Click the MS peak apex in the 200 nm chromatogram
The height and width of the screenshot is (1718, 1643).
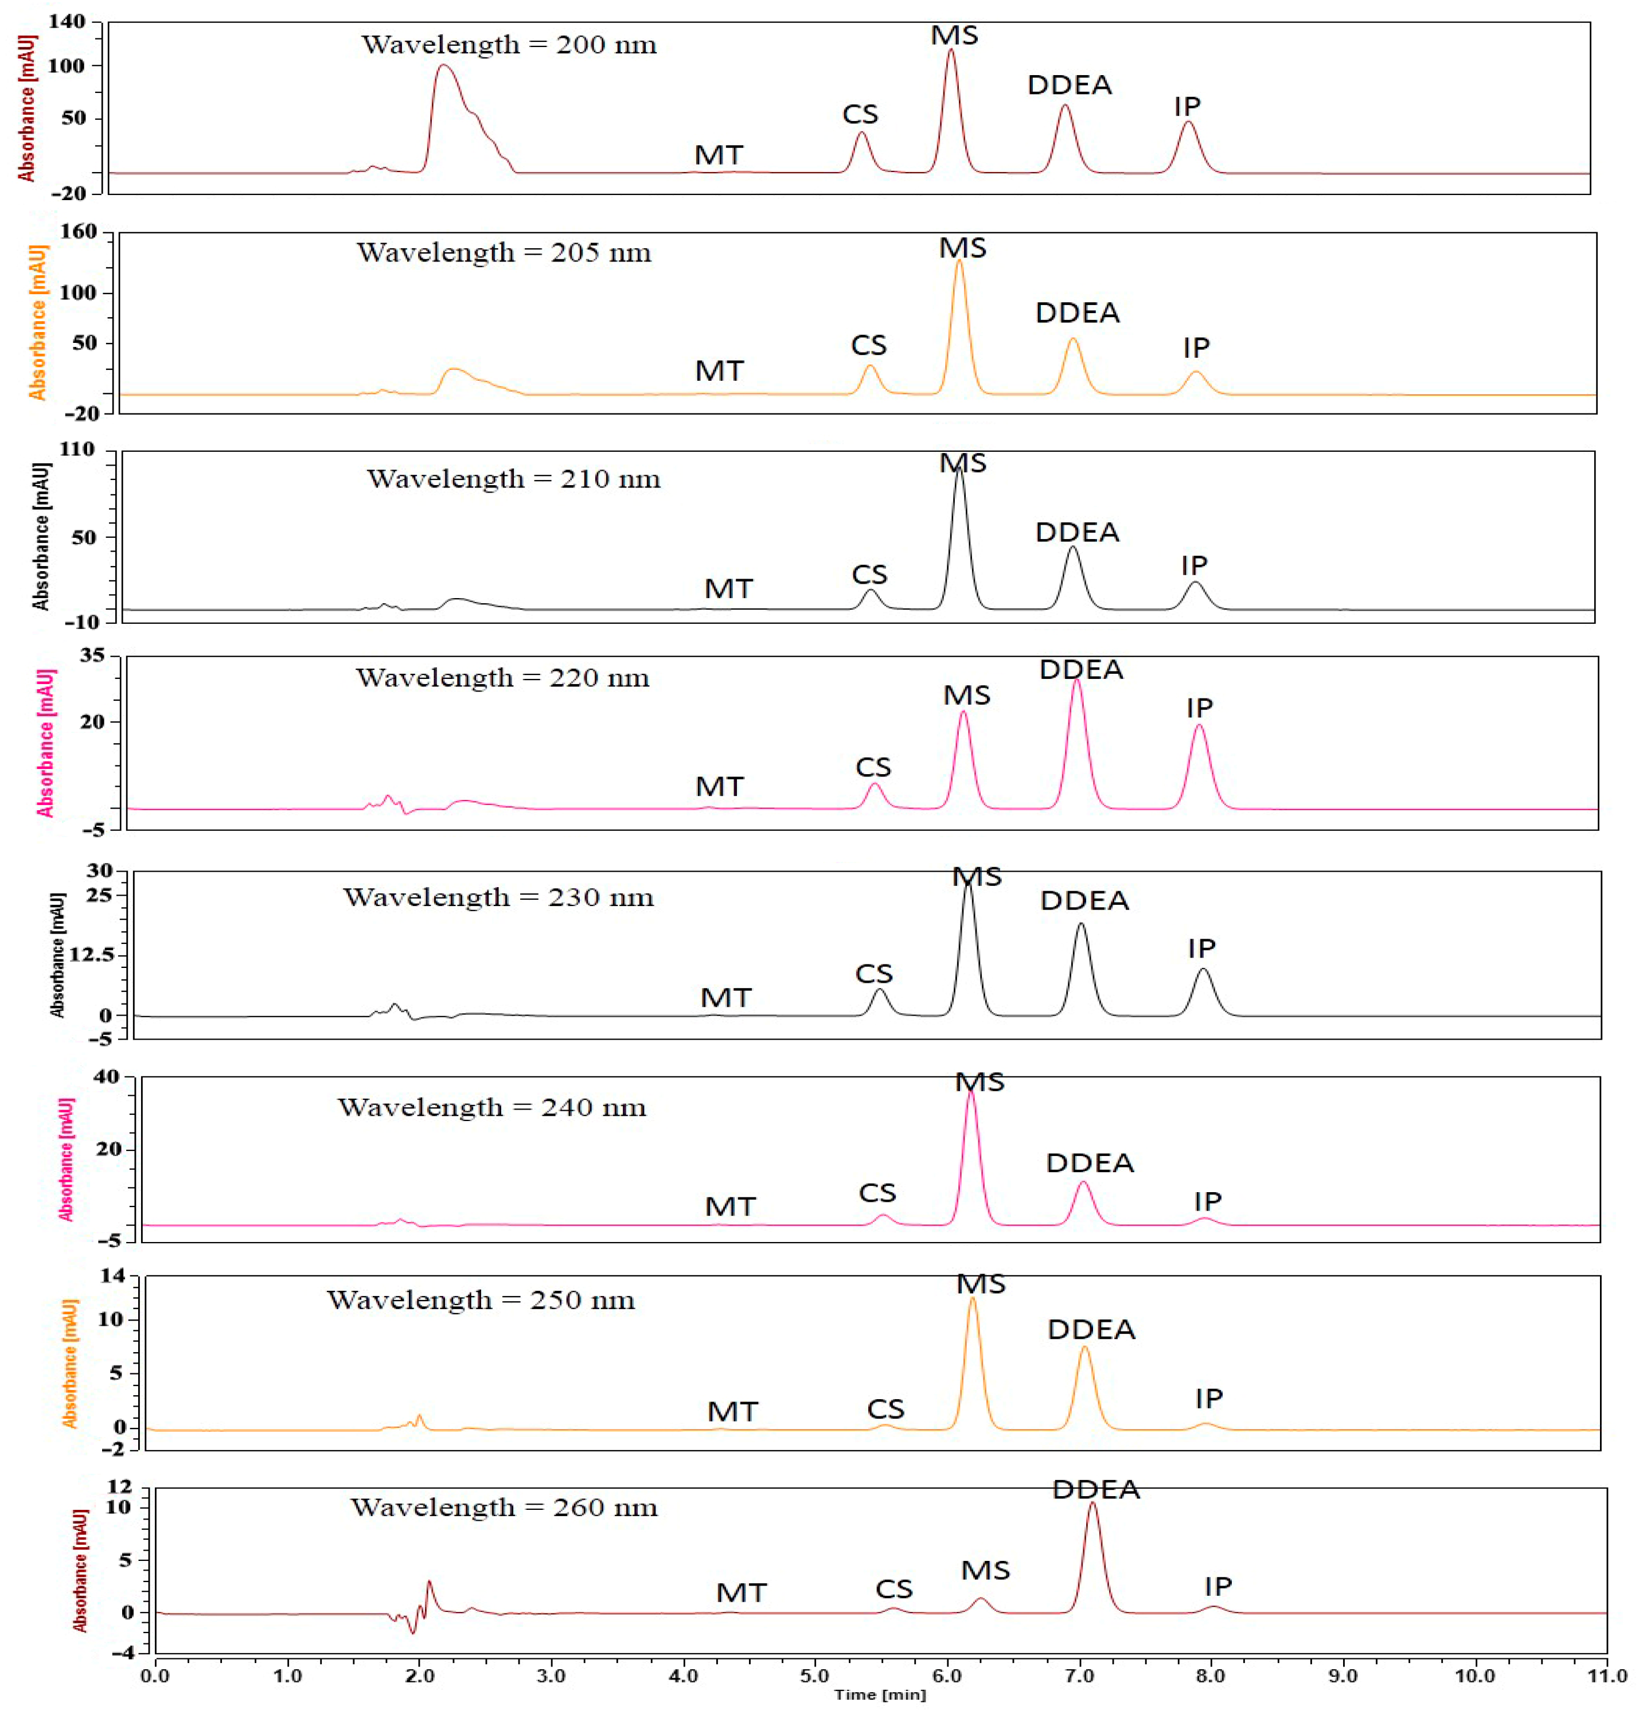click(950, 50)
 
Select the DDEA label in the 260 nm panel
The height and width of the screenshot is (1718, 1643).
click(1096, 1489)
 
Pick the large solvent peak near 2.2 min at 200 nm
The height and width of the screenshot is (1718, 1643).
click(444, 67)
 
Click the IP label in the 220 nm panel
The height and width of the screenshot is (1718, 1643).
click(1199, 708)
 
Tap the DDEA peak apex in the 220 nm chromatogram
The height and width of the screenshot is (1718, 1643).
click(1076, 680)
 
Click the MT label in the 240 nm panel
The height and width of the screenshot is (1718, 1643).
click(729, 1206)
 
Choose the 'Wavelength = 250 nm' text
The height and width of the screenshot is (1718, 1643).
click(481, 1301)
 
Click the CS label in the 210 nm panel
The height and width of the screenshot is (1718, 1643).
click(869, 575)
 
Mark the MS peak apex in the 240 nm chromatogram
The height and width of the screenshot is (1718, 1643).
click(970, 1092)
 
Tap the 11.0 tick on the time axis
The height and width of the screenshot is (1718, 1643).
click(1607, 1676)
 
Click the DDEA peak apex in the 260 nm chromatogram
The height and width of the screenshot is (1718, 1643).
click(1092, 1504)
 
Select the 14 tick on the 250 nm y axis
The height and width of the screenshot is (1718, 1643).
click(112, 1276)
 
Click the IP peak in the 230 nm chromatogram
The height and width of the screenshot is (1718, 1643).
click(1203, 969)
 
